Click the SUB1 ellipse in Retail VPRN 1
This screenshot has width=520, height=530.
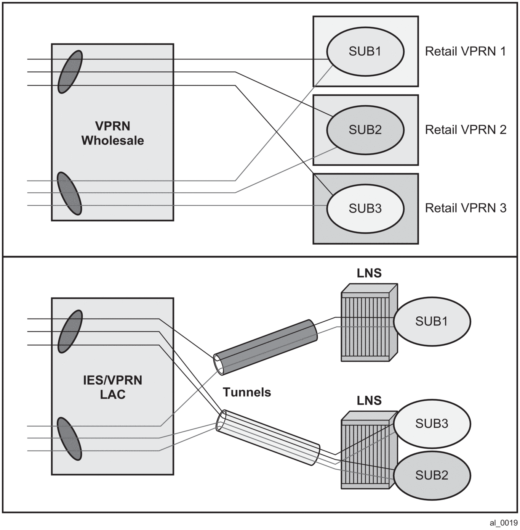pyautogui.click(x=365, y=51)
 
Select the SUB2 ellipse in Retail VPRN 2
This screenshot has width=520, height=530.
pyautogui.click(x=365, y=130)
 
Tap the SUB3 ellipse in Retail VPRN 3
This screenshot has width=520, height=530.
pyautogui.click(x=365, y=208)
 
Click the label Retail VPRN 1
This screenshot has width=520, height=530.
pyautogui.click(x=465, y=51)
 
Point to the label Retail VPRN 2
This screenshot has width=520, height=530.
pyautogui.click(x=466, y=130)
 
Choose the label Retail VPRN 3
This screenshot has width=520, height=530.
pyautogui.click(x=466, y=208)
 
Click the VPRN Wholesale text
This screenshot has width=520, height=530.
pyautogui.click(x=112, y=133)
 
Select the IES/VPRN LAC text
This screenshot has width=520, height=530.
pyautogui.click(x=112, y=387)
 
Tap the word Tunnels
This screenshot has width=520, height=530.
pyautogui.click(x=247, y=392)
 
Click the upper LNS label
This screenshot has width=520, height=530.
pyautogui.click(x=369, y=273)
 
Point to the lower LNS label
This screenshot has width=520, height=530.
pyautogui.click(x=369, y=401)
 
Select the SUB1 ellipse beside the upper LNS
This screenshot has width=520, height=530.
pyautogui.click(x=432, y=321)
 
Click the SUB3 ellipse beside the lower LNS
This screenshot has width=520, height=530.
pyautogui.click(x=432, y=423)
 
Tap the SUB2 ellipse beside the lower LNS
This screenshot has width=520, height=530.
pyautogui.click(x=432, y=475)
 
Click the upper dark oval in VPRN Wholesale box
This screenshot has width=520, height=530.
pyautogui.click(x=70, y=72)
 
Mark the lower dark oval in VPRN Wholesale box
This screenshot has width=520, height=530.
pyautogui.click(x=69, y=193)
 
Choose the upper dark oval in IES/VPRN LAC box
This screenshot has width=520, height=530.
pyautogui.click(x=70, y=331)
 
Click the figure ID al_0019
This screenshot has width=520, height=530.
pyautogui.click(x=503, y=523)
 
